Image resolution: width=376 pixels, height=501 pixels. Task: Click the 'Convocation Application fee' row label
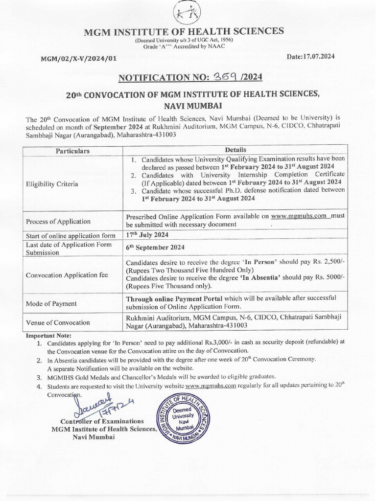[x=67, y=274]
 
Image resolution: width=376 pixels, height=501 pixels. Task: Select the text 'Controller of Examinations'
[x=102, y=421]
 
